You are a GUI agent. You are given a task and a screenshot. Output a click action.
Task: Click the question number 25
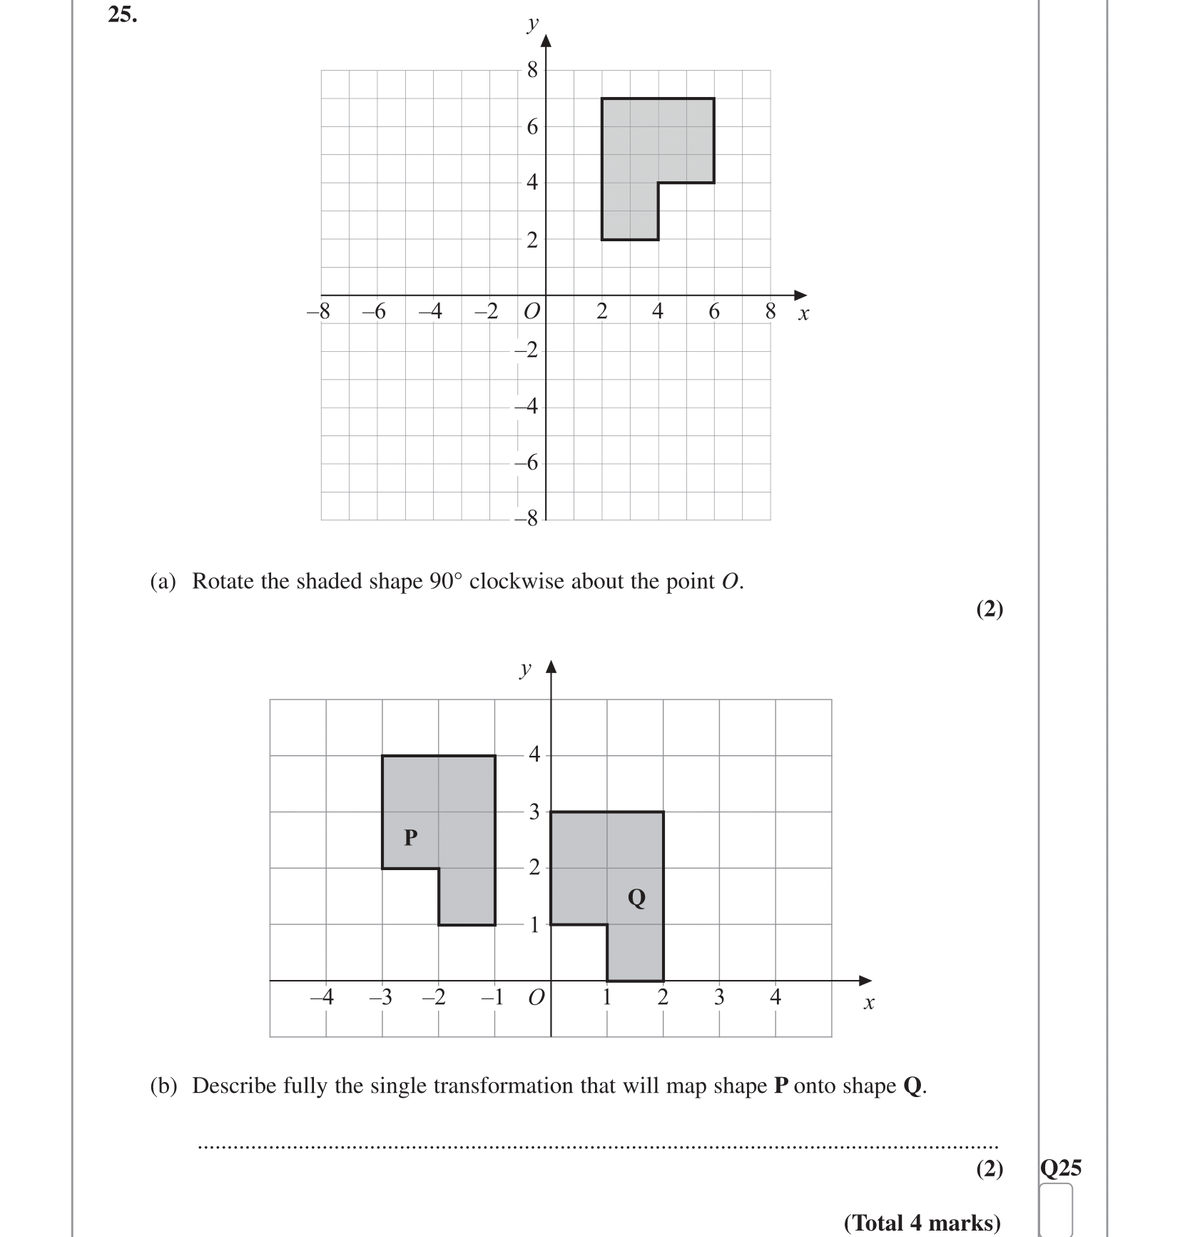pos(122,14)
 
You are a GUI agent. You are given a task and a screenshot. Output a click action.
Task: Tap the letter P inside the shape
pos(410,837)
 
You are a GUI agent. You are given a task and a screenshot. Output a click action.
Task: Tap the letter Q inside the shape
pos(636,897)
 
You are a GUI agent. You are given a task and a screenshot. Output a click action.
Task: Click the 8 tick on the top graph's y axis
pos(532,70)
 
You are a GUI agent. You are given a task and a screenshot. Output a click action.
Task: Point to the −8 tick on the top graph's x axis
pos(318,312)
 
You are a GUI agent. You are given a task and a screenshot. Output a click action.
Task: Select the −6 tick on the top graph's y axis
pos(528,463)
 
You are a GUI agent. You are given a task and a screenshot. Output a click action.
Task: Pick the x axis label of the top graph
pos(803,314)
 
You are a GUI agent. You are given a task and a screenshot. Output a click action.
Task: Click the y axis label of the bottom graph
pos(526,669)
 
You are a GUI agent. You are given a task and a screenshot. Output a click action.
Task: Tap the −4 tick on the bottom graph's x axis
pos(322,997)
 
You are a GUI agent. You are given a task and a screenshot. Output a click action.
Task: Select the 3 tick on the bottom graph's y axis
pos(534,812)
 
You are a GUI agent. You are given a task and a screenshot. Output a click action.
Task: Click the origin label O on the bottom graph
pos(536,997)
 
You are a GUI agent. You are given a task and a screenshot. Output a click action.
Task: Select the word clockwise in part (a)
pos(517,582)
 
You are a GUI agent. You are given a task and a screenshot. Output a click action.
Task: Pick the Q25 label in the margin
pos(1060,1168)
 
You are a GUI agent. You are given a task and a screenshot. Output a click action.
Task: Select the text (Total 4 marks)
pos(922,1223)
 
